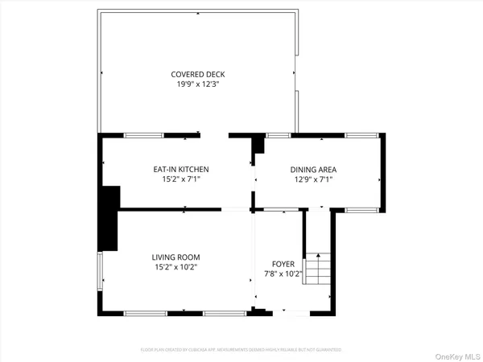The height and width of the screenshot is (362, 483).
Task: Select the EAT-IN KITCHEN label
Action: (x=181, y=169)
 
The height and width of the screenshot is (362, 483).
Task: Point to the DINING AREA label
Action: (x=313, y=169)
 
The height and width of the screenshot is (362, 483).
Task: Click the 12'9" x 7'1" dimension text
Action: (x=313, y=179)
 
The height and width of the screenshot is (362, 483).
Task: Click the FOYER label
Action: (x=283, y=263)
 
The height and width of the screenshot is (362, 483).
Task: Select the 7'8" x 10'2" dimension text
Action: (x=283, y=274)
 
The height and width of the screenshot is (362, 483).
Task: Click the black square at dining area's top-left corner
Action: (x=258, y=146)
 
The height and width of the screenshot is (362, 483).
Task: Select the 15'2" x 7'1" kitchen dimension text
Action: (x=181, y=179)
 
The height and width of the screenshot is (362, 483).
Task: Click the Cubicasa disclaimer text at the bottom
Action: (x=242, y=350)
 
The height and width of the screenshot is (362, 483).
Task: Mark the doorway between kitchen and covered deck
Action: (x=215, y=135)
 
